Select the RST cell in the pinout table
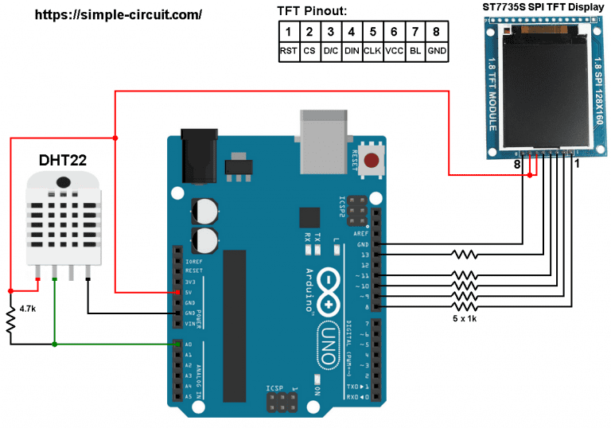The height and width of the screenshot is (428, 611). [288, 50]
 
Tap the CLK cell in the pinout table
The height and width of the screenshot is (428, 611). [371, 50]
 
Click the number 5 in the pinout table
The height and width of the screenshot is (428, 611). [371, 32]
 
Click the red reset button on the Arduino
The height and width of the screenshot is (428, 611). [371, 161]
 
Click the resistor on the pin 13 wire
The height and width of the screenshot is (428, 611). [464, 255]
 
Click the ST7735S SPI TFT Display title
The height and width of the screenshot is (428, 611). [545, 7]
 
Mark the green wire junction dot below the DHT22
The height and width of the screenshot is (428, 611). [54, 344]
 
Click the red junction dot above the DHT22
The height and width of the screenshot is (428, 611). [116, 139]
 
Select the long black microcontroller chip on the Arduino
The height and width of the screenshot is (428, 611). [232, 325]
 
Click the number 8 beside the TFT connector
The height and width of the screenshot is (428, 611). [517, 165]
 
